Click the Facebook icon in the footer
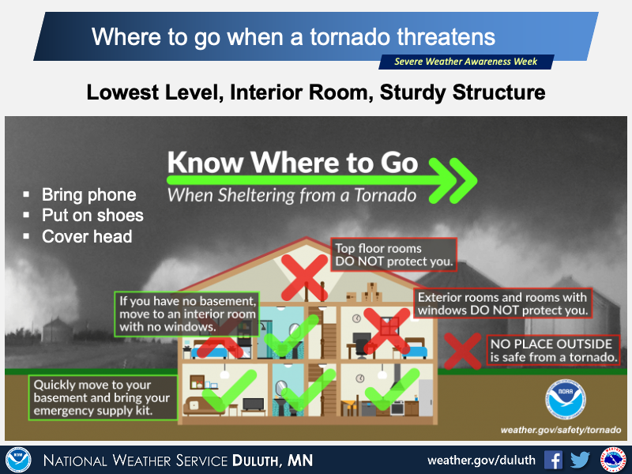point(553,460)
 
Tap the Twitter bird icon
point(580,460)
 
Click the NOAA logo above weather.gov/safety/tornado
point(565,399)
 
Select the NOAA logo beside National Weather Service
point(18,460)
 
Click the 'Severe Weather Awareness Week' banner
point(466,62)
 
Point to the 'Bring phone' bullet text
point(89,194)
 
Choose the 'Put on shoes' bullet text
point(92,215)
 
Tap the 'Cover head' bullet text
point(87,236)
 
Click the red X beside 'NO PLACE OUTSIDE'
point(463,351)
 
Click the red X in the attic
point(304,277)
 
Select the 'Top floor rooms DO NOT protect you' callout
point(393,254)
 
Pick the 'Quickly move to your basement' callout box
point(103,397)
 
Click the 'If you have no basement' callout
point(186,314)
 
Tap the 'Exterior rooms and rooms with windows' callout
point(502,303)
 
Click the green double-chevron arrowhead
point(452,180)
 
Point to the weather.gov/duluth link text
point(481,461)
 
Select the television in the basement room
point(253,404)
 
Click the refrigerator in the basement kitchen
point(426,398)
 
